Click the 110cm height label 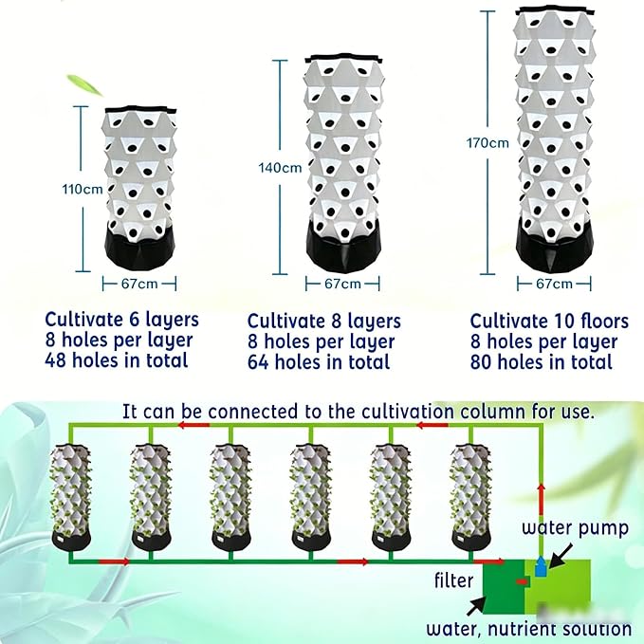click(x=83, y=189)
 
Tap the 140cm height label click(x=280, y=168)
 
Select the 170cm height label click(x=488, y=143)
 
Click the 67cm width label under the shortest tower click(x=139, y=284)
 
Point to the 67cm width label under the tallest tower click(x=554, y=284)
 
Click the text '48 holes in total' click(x=117, y=360)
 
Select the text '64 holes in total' click(x=319, y=362)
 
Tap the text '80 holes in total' click(x=542, y=362)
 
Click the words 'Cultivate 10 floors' click(x=549, y=321)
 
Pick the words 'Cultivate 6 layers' click(x=121, y=320)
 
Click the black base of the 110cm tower click(x=139, y=248)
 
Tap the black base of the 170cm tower click(x=555, y=247)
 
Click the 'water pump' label click(x=575, y=527)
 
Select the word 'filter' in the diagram click(x=453, y=580)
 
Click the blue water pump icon click(x=541, y=566)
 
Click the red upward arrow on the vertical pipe click(x=542, y=499)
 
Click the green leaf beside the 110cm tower click(x=84, y=84)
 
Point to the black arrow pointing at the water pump click(x=561, y=555)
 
